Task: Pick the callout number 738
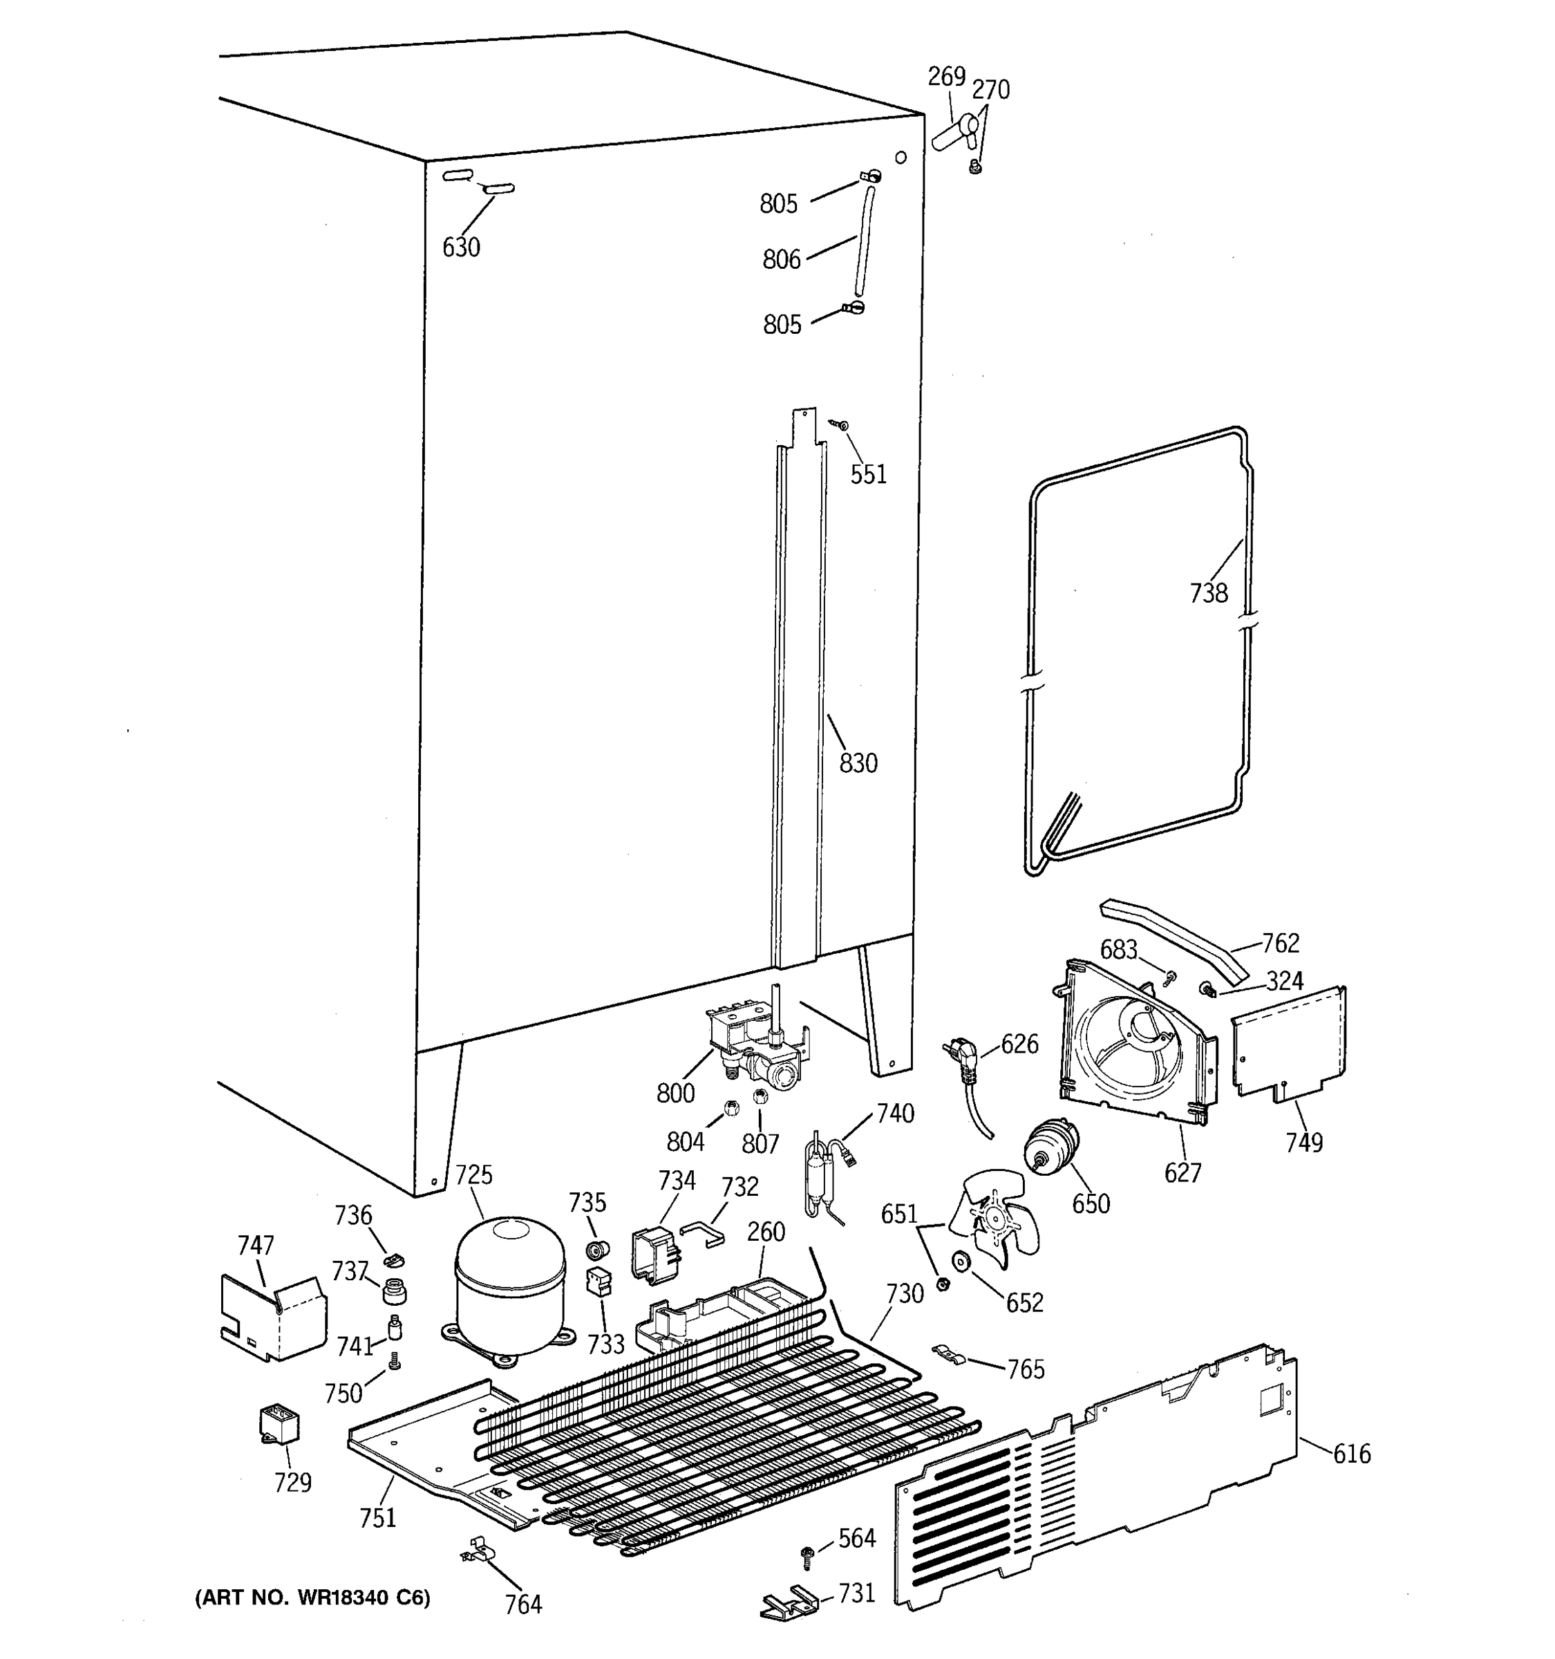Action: [1208, 592]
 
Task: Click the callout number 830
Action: [858, 762]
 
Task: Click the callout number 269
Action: [946, 77]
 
